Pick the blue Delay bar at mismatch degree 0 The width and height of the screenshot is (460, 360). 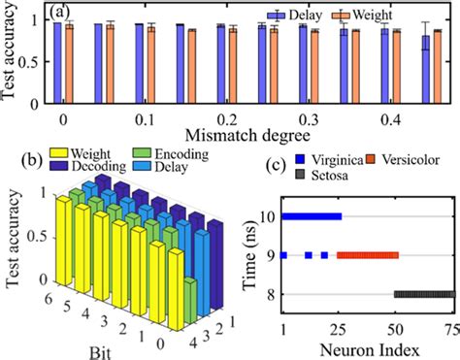coord(58,60)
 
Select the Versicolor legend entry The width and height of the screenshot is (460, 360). coord(412,158)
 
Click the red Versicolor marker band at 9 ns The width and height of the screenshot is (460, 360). coord(368,255)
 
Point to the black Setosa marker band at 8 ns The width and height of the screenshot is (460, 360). coord(424,294)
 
